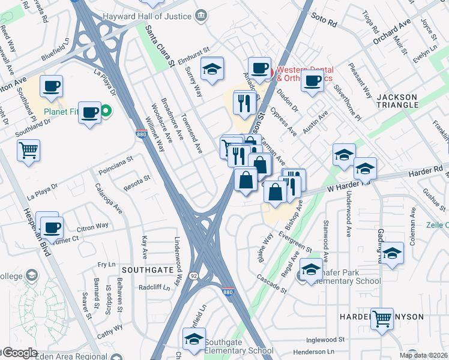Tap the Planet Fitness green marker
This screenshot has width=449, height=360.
click(106, 110)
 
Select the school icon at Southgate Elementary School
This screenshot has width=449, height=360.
click(194, 340)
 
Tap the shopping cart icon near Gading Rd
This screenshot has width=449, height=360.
click(382, 319)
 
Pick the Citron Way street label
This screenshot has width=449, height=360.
click(93, 227)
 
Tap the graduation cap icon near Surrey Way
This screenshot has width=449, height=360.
click(212, 69)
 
